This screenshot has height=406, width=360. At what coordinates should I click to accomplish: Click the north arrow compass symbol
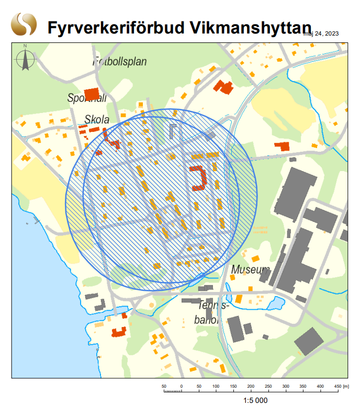point(25,58)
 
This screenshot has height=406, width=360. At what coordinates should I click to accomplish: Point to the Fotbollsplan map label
point(120,62)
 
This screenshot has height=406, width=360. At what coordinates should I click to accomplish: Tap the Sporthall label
point(87,98)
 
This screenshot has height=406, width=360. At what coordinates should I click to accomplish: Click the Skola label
point(97,120)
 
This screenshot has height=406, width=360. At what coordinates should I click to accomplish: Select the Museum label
point(251,270)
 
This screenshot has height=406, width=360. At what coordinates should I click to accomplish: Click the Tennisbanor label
point(211,312)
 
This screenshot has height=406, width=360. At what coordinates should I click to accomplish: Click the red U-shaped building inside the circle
point(199,177)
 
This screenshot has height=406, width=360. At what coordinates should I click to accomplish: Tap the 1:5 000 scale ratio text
point(255,400)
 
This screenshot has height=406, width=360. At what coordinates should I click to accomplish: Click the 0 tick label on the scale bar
point(181,387)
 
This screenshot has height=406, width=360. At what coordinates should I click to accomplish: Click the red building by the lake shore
point(119,331)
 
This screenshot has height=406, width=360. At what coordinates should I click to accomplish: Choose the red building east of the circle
point(283,145)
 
